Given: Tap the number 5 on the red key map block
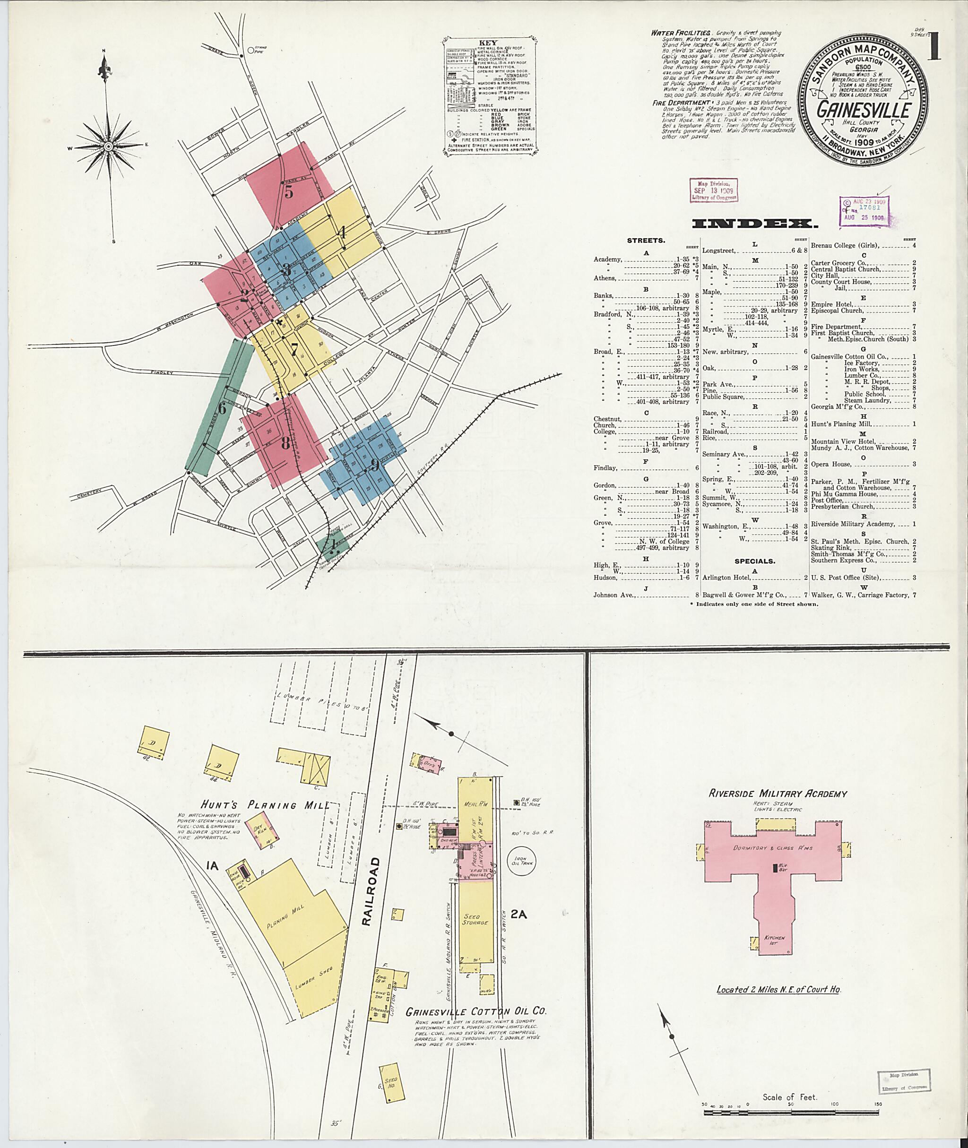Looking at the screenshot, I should click(289, 191).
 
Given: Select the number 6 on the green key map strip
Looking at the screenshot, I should click(222, 408).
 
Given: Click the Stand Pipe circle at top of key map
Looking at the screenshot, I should click(251, 50).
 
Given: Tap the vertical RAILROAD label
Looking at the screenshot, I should click(368, 893).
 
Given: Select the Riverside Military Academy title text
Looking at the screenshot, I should click(777, 794).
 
